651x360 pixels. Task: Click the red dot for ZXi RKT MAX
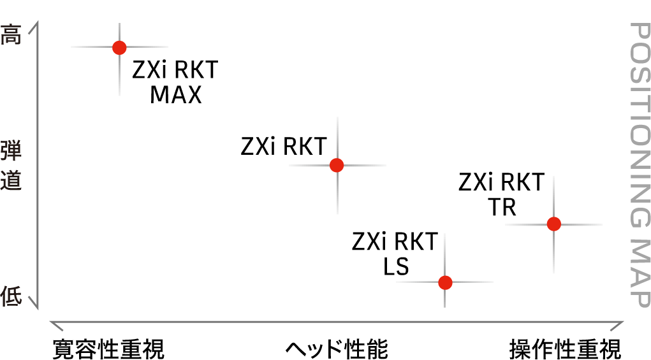(x=120, y=48)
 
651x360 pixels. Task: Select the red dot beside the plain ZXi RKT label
(x=337, y=165)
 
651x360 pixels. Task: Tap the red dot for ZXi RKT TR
(x=554, y=224)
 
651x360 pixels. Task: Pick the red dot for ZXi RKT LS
(x=445, y=282)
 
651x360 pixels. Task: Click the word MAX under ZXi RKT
(x=175, y=94)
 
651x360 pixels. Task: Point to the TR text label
(x=502, y=207)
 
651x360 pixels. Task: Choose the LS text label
(x=396, y=266)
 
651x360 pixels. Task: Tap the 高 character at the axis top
(x=11, y=34)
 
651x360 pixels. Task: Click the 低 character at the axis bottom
(x=11, y=296)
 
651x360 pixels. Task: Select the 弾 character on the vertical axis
(x=11, y=150)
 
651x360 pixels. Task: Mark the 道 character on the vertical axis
(x=11, y=180)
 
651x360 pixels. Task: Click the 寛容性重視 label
(x=109, y=349)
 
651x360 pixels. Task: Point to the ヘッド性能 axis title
(x=337, y=349)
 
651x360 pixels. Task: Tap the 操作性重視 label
(x=565, y=349)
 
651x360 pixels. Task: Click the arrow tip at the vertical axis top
(x=38, y=22)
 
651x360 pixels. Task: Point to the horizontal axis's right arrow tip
(x=623, y=321)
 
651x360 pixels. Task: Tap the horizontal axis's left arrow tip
(x=50, y=321)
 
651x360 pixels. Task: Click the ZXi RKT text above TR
(x=502, y=182)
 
